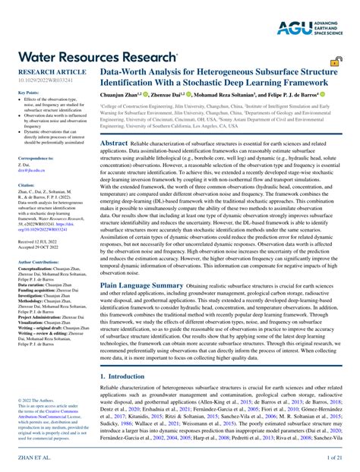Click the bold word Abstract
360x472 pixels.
point(114,143)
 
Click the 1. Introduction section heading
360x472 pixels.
point(126,376)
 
